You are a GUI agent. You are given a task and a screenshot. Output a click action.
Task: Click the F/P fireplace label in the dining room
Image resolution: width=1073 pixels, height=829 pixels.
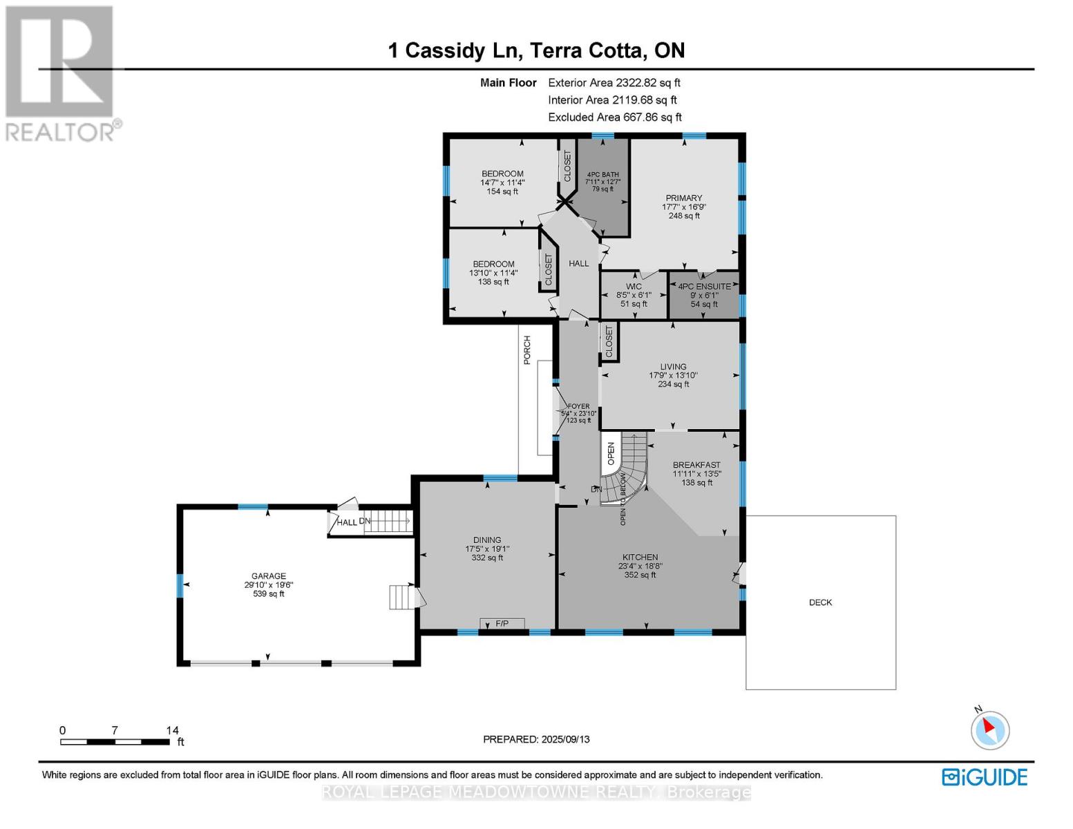coord(502,624)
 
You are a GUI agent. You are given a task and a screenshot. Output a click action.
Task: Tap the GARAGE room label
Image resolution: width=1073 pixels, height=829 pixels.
coord(268,576)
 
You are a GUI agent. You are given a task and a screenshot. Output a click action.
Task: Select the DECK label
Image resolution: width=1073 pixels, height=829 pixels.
coord(820,602)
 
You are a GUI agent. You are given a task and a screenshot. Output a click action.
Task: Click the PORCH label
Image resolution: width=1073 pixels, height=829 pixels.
coord(527,350)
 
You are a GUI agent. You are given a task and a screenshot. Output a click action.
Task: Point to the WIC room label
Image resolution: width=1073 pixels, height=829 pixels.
coord(634,287)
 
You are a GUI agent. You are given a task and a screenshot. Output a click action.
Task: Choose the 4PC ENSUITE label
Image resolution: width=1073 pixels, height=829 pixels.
coord(704,287)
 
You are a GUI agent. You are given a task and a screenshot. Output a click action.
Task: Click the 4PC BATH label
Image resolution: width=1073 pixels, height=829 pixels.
coord(602,175)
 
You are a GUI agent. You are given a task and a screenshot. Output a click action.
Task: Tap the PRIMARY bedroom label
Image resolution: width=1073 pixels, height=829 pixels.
coord(683,198)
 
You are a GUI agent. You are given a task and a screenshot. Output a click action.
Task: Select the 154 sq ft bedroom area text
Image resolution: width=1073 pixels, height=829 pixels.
coord(502,191)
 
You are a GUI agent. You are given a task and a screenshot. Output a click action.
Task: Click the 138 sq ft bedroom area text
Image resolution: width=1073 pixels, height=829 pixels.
coord(493,282)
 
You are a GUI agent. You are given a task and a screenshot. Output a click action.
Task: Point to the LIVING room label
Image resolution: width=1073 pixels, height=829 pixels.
coord(673,367)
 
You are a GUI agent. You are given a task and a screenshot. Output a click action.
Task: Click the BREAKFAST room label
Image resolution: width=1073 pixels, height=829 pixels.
coord(696,465)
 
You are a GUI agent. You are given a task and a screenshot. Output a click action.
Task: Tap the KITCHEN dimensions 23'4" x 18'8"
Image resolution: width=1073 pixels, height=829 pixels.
coord(640,566)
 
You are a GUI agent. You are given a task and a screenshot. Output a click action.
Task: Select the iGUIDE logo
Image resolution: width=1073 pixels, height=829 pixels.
coord(985,776)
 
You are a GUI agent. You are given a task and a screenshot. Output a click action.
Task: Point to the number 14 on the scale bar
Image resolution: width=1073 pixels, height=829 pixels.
coord(172,730)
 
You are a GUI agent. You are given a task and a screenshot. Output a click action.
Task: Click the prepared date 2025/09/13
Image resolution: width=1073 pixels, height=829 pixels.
coord(564,739)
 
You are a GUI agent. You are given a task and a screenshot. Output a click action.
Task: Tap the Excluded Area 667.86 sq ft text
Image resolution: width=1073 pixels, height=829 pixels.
coord(614,117)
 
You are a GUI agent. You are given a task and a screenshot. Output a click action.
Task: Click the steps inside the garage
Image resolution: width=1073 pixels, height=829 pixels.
coord(403,597)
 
